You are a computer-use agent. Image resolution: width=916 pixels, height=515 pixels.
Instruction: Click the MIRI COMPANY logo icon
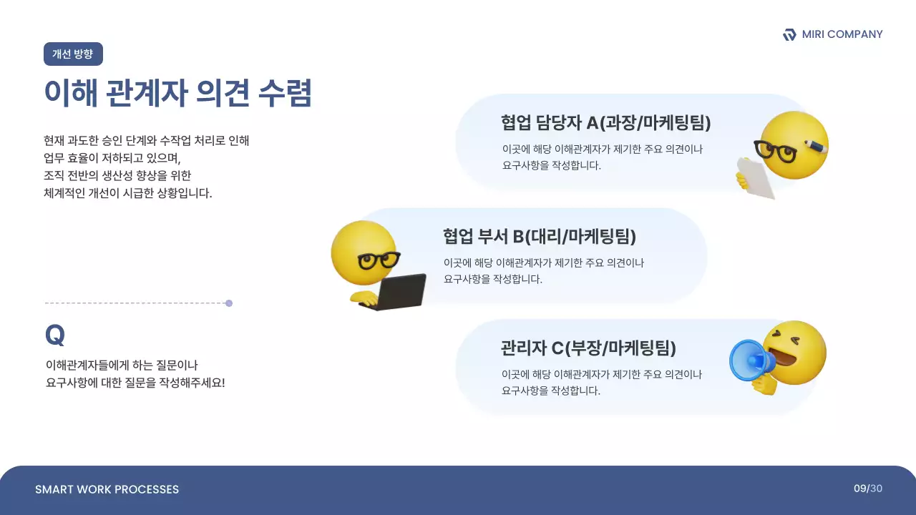789,34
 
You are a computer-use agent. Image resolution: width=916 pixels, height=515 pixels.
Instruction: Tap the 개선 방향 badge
73,54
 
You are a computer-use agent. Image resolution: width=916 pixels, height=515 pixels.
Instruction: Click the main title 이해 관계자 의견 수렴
177,93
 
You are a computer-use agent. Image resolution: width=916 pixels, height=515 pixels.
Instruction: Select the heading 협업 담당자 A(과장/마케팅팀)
605,123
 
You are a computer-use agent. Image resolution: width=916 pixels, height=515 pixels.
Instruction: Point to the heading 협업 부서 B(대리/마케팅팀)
539,236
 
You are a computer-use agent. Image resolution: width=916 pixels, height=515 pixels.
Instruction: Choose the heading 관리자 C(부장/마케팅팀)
588,348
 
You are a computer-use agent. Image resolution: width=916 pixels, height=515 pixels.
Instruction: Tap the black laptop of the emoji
401,292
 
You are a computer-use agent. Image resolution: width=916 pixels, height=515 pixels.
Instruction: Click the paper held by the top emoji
756,177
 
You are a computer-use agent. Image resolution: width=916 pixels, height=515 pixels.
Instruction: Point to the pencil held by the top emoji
816,145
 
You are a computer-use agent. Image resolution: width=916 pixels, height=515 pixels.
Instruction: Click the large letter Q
54,335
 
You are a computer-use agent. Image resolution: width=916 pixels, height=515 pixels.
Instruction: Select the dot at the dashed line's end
229,303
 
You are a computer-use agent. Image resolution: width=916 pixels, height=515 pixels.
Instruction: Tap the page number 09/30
867,489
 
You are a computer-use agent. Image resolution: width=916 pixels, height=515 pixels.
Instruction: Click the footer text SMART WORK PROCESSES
107,489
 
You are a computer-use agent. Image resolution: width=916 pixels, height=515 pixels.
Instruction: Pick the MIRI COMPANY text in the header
842,34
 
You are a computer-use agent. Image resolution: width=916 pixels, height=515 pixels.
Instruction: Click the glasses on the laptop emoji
379,259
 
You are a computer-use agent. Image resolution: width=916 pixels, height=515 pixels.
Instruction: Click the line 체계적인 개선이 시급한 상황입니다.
128,193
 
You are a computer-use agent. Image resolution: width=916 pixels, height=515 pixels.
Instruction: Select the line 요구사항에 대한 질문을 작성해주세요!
135,383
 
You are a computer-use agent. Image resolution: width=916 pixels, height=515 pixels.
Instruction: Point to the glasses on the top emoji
775,152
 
